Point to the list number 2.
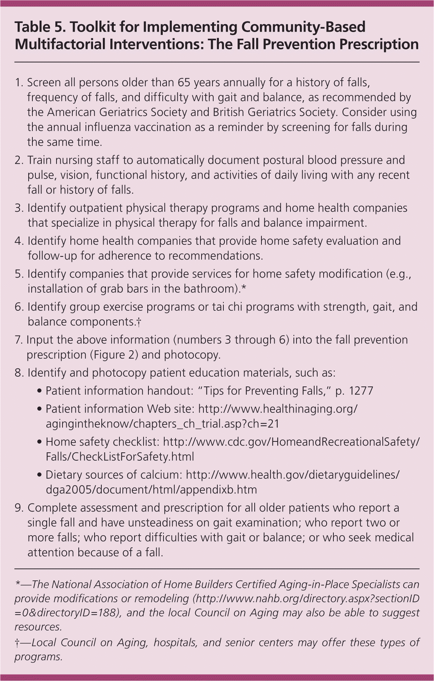pos(19,160)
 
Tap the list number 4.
pos(19,241)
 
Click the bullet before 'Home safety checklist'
pos(40,442)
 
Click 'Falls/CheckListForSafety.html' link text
pos(120,457)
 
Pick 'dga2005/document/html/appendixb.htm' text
pos(151,490)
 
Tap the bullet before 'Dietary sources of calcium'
pos(40,475)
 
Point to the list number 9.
pos(19,508)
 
